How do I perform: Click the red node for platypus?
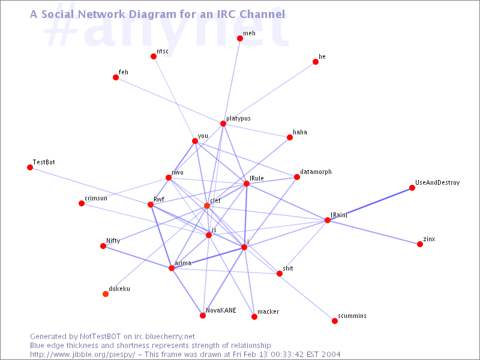223,124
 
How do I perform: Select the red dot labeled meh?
240,38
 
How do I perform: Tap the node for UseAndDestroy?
412,188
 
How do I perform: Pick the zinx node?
420,244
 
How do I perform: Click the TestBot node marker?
30,167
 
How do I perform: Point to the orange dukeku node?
106,294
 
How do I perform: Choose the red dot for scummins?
335,321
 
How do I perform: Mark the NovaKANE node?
203,316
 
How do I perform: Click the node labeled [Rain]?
328,220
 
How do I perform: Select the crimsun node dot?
82,203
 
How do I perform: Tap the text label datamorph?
316,172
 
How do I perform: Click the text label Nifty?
113,241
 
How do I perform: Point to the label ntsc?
163,52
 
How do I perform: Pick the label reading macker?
268,312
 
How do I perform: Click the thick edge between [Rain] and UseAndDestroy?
370,204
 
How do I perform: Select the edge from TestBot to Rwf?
90,186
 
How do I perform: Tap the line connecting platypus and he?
269,93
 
